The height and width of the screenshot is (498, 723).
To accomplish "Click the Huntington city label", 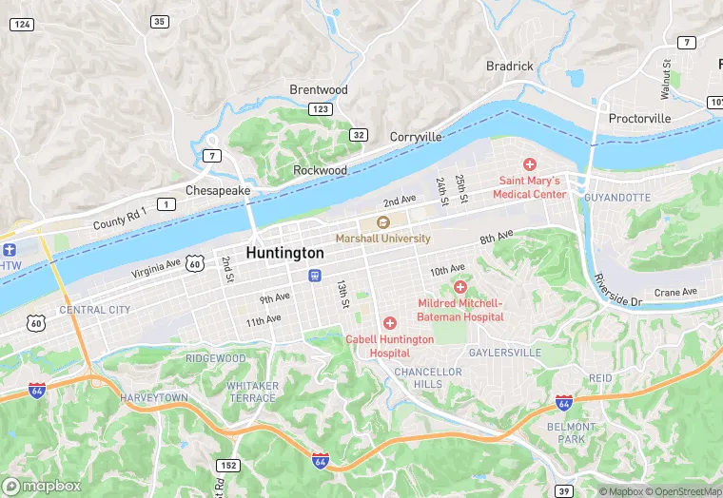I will coord(284,254).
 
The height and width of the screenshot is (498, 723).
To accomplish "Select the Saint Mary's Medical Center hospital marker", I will coord(530,165).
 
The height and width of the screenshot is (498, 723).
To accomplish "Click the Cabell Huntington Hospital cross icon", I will coord(389,324).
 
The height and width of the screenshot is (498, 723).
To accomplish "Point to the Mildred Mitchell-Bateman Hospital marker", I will coord(460,287).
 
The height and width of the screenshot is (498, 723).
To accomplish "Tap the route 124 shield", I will coord(22,23).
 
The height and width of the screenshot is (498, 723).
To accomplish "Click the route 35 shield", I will coord(159,21).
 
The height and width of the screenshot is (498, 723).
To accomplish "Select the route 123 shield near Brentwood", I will coord(321,110).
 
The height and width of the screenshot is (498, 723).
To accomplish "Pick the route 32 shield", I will coord(359,135).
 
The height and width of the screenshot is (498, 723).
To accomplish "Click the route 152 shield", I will coord(227,465).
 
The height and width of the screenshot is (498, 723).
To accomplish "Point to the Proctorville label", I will coord(639,119).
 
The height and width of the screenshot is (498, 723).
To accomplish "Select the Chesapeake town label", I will coord(218,190).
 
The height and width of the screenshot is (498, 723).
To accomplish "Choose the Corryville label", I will coord(416,137).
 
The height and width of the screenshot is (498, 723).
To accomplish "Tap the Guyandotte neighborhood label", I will coord(616,197).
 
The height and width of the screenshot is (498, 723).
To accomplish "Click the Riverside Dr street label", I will coord(618,290).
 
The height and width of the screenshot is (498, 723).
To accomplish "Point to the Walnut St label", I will coord(666,79).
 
